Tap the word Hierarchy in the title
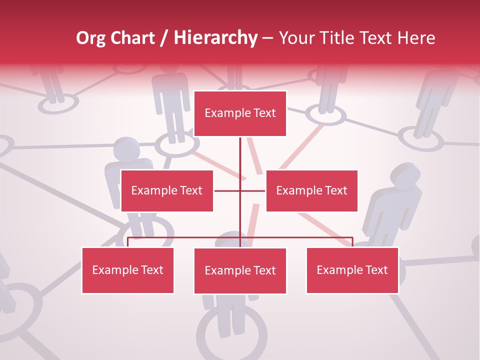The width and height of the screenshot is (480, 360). (215, 38)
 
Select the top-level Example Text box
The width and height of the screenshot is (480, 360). (240, 113)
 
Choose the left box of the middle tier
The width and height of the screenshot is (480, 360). (167, 190)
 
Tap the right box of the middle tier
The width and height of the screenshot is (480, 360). (311, 190)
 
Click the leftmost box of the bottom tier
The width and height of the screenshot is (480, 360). (127, 270)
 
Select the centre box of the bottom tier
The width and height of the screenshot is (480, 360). (240, 270)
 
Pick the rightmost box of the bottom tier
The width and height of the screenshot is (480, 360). (352, 270)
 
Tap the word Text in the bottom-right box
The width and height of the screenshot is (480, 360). (376, 270)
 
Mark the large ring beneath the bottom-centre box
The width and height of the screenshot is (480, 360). (231, 332)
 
